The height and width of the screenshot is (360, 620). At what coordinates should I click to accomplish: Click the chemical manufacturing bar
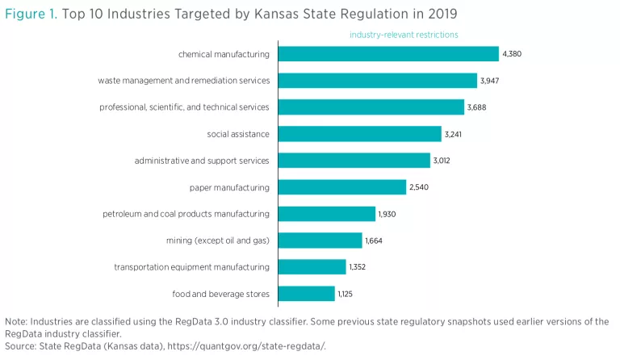388,54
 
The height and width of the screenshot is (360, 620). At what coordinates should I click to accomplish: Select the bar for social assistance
360,134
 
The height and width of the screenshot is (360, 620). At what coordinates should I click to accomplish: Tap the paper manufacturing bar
342,187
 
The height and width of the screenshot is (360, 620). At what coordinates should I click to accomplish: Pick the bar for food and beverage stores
307,293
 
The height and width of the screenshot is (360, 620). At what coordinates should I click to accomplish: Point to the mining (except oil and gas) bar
320,241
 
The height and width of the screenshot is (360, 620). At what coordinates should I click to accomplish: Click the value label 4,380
513,54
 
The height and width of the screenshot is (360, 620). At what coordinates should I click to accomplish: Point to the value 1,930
387,214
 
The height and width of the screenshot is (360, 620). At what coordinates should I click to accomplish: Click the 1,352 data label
358,266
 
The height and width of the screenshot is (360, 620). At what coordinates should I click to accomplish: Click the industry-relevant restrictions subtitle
404,35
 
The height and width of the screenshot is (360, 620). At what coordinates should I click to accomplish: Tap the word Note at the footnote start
15,321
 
